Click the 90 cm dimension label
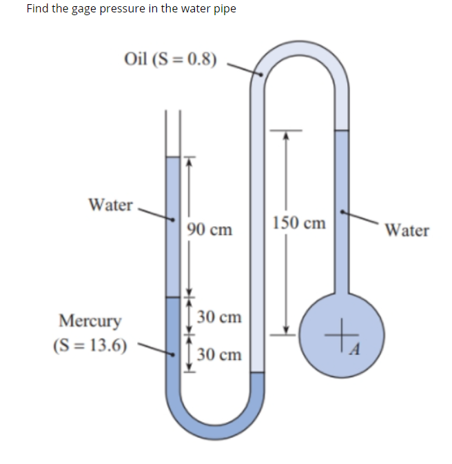(x=209, y=229)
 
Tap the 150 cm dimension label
(x=299, y=223)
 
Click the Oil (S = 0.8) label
(x=169, y=59)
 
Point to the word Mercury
(x=90, y=321)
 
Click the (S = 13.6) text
(x=90, y=344)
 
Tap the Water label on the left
(x=110, y=205)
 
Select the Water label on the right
(x=407, y=230)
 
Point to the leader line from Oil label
(x=245, y=68)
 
